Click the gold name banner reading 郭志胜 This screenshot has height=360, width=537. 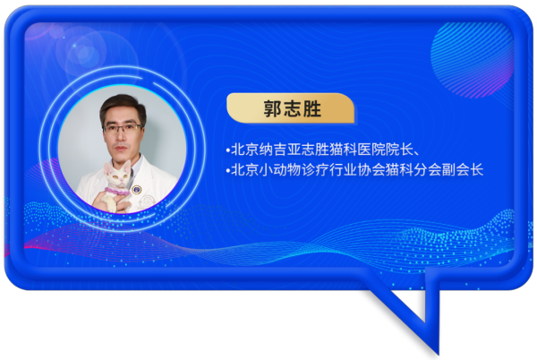click(290, 107)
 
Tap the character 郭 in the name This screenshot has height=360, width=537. click(273, 108)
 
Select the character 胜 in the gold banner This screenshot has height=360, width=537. click(311, 108)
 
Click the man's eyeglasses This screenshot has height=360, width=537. click(123, 128)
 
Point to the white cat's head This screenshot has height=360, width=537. click(116, 174)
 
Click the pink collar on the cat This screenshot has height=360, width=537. click(116, 191)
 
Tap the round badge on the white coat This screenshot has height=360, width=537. click(137, 190)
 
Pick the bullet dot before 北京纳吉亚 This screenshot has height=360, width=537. click(227, 150)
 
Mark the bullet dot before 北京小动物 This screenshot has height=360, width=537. click(227, 170)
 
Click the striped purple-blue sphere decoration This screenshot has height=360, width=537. click(472, 60)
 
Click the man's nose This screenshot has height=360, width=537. click(121, 137)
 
